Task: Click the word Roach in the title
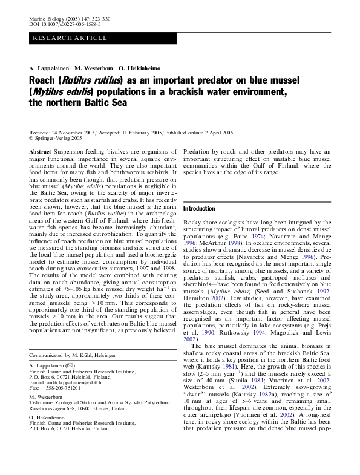[x=43, y=79]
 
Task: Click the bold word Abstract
[x=40, y=151]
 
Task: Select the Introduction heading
[x=200, y=209]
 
